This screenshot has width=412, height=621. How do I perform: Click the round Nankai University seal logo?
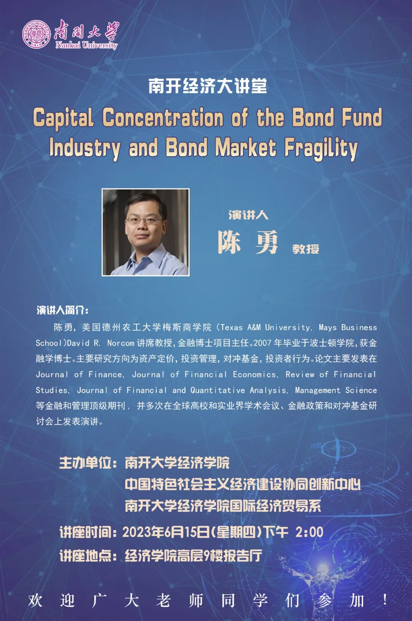click(x=36, y=34)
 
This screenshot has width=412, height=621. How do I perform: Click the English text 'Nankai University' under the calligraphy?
click(x=86, y=45)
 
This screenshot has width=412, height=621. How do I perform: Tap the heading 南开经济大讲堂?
click(x=208, y=86)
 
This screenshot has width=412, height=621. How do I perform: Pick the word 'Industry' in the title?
click(x=85, y=148)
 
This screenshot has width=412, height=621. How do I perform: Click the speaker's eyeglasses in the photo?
click(x=143, y=220)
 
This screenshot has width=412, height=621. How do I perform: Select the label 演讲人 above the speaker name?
click(x=248, y=215)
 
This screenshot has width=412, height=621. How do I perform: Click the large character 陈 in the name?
click(x=230, y=242)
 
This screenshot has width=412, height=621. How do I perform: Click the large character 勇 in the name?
click(x=267, y=242)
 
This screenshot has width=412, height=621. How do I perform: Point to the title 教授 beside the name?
click(x=306, y=249)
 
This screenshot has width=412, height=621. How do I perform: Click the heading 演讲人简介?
click(x=63, y=310)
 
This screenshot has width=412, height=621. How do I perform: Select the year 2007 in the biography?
click(x=262, y=343)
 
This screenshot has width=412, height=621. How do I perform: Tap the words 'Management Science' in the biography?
click(x=336, y=390)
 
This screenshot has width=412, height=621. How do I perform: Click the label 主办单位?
click(x=88, y=463)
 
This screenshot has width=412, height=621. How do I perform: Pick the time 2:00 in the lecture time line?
click(x=309, y=532)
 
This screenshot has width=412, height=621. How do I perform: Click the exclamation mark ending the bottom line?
click(x=385, y=600)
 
